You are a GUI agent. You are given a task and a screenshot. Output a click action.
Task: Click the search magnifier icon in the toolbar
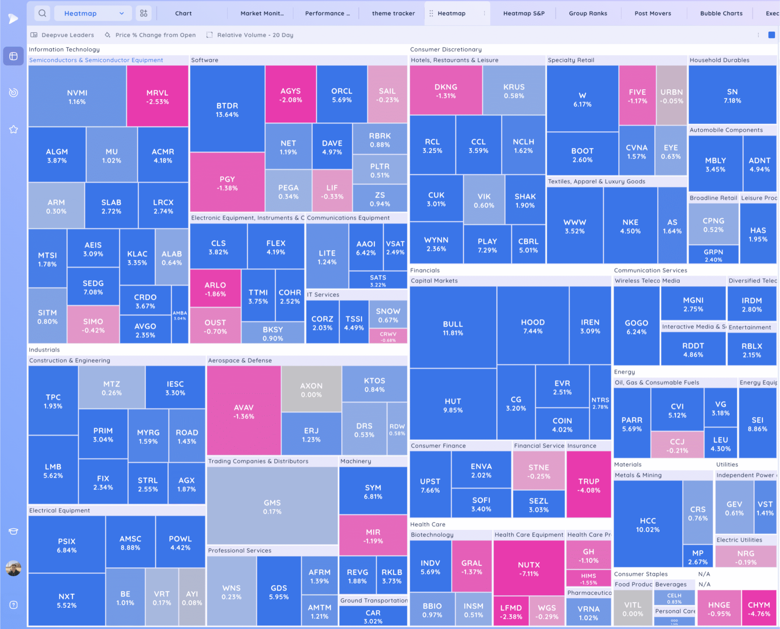pos(42,13)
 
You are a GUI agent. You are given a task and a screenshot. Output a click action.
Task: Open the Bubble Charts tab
pos(721,13)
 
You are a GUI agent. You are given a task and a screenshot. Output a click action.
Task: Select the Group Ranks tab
pos(587,13)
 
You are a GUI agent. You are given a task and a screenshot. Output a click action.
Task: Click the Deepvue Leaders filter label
pos(67,35)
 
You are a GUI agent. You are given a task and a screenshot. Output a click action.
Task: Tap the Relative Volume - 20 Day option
pos(255,35)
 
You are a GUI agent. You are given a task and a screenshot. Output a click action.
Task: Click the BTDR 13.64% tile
pos(227,109)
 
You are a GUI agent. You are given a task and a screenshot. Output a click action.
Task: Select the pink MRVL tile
pos(157,97)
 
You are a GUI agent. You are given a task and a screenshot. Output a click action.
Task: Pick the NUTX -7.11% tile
pos(529,569)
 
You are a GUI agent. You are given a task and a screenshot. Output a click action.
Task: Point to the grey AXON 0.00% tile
pos(311,390)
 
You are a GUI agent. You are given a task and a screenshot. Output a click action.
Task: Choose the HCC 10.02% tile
pos(648,525)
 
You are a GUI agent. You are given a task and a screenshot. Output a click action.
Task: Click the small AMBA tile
pos(180,315)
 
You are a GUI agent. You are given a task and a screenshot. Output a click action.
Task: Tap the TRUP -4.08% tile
pos(589,485)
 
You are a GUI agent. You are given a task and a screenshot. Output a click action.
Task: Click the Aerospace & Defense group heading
pos(239,361)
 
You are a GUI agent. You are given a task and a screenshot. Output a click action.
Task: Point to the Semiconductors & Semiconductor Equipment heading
pos(96,60)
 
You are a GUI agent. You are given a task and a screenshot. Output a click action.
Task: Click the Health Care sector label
pos(428,524)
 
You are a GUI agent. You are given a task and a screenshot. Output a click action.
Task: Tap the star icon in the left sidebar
pos(13,129)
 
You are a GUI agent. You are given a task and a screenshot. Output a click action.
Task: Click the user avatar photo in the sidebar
pos(13,568)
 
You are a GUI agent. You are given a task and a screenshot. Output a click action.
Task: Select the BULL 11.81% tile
pos(453,328)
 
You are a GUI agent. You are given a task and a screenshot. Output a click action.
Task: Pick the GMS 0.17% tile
pos(272,507)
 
